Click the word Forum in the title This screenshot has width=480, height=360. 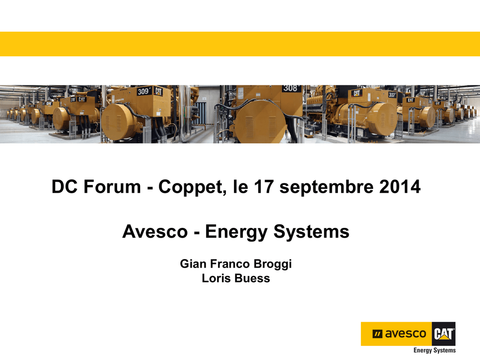112,187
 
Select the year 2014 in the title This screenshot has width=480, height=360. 400,187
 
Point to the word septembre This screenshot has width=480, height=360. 326,187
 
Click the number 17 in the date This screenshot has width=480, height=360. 263,187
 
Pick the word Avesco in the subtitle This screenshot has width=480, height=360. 155,231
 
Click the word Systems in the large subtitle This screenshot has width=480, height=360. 311,232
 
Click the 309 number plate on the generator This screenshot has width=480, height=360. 143,91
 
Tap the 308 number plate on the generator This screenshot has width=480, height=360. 291,88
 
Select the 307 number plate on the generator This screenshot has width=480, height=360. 392,95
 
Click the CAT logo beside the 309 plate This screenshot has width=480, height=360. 158,90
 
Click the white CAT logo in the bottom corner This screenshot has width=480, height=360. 444,334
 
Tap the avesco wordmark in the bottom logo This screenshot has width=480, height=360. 405,334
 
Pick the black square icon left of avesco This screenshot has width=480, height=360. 377,334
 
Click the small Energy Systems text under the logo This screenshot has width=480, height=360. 435,350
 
